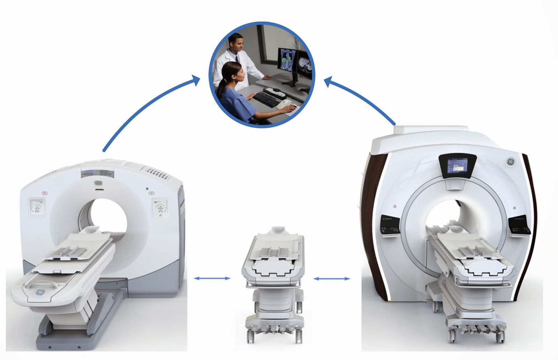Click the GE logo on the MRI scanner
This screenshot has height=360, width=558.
(510, 162)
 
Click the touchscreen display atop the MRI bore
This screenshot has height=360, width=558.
(457, 166)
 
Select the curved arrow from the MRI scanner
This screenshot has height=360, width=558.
(363, 101)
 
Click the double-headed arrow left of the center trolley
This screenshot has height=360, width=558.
(212, 278)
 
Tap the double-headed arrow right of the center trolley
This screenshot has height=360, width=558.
(332, 279)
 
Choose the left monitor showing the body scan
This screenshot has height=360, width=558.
(287, 59)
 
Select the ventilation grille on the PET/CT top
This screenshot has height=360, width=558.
(156, 172)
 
